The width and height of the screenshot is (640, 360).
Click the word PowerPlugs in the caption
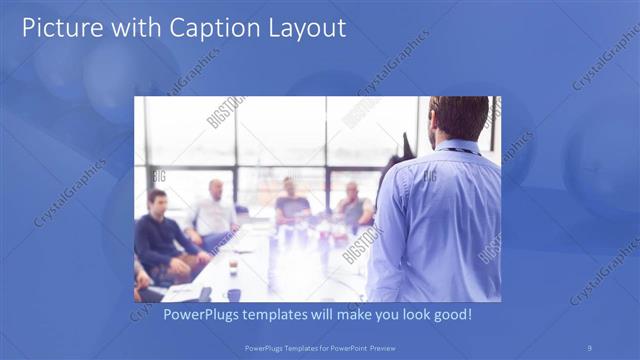click(201, 315)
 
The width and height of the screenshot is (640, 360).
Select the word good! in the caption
click(450, 315)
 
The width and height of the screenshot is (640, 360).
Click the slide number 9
click(589, 347)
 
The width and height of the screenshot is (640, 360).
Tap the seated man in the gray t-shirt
click(291, 205)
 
